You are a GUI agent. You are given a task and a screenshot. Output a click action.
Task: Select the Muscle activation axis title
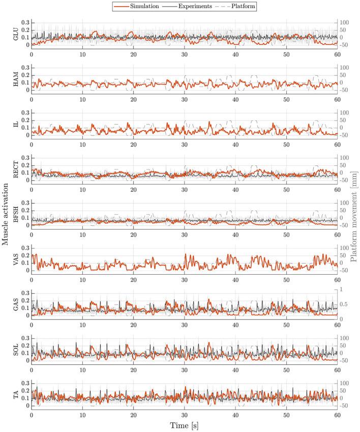(x=5, y=216)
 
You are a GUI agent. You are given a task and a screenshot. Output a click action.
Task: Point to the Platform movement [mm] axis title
(x=354, y=216)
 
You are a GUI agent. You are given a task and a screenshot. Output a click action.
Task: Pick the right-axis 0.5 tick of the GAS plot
(x=344, y=305)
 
